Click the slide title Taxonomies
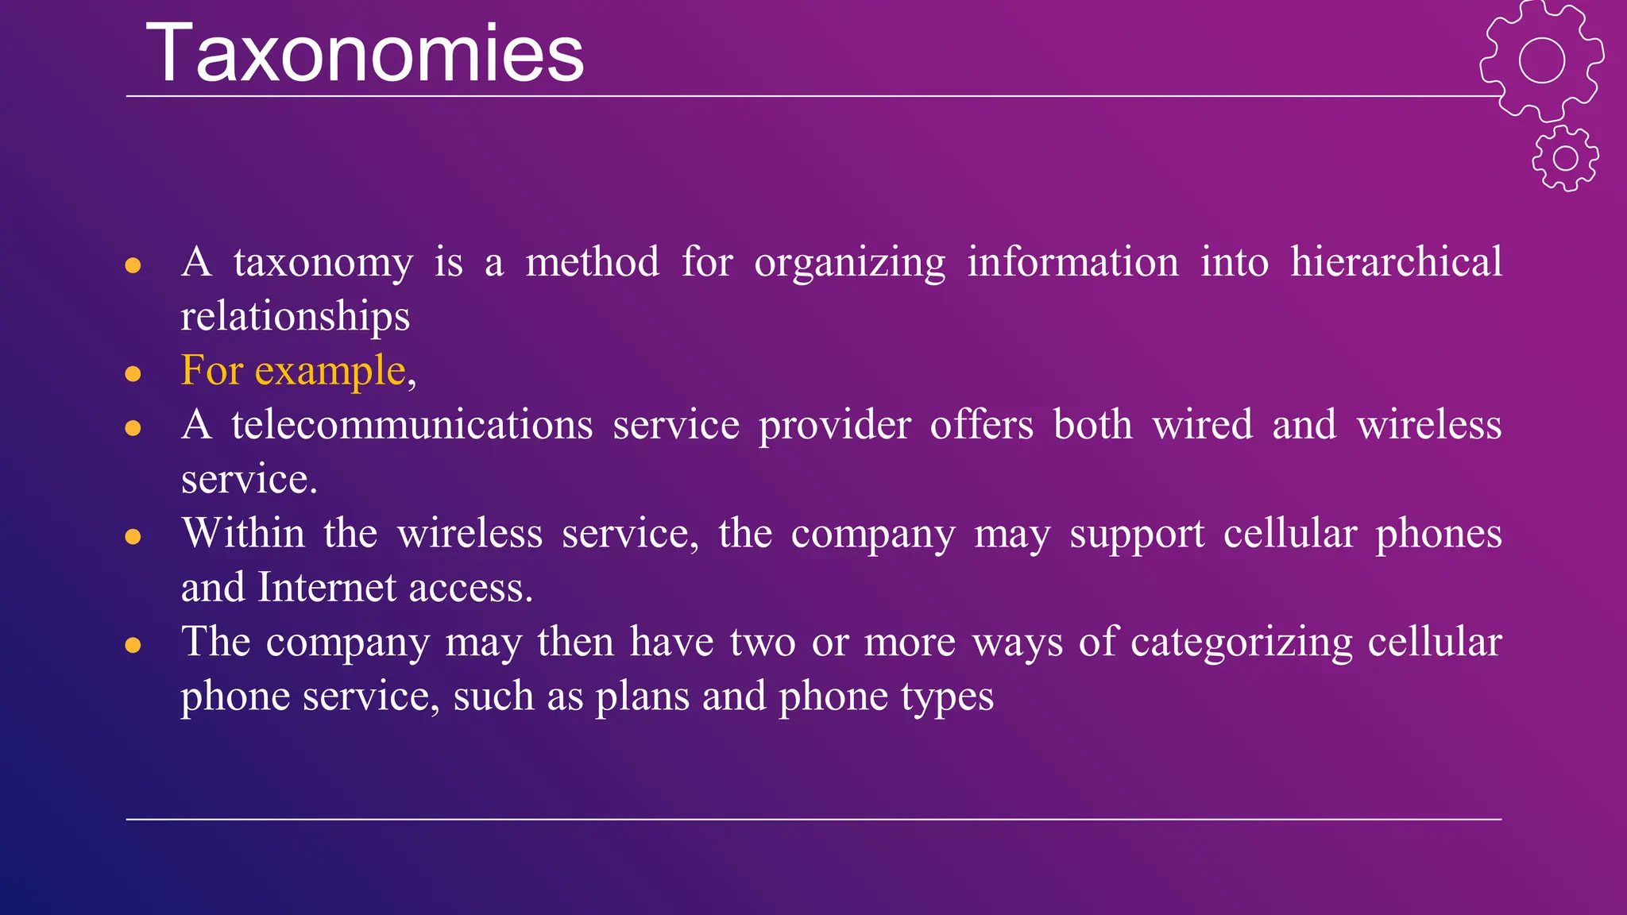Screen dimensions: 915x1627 [365, 54]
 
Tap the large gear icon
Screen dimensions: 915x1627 [1541, 60]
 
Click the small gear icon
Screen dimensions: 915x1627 [1565, 158]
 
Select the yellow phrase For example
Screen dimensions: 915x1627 [293, 371]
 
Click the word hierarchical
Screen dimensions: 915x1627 [1396, 262]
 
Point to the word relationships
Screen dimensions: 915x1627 [295, 316]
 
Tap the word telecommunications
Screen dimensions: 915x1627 [412, 424]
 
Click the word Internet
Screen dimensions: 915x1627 [327, 588]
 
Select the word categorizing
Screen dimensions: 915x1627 [1241, 642]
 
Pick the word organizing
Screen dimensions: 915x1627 [849, 264]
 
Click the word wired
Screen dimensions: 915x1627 [1203, 424]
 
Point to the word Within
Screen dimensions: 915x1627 [243, 533]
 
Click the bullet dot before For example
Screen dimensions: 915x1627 [133, 373]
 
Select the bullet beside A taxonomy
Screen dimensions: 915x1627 [133, 265]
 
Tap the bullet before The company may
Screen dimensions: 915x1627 [133, 645]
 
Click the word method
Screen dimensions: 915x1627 [592, 262]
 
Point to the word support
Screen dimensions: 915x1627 [1137, 535]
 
